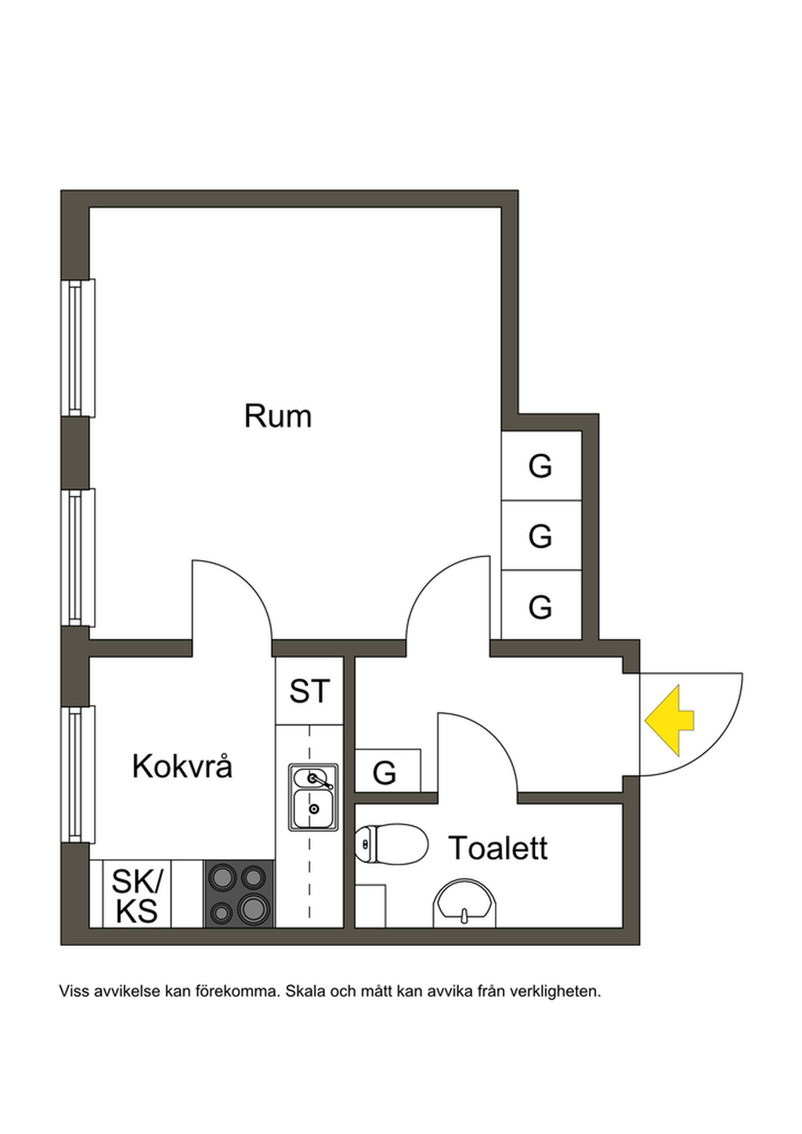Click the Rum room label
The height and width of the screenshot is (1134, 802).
[x=277, y=416]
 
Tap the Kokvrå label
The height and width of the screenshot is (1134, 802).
[x=182, y=767]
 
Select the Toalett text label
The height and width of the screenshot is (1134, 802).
[x=497, y=848]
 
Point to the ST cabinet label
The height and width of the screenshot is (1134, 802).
[x=309, y=692]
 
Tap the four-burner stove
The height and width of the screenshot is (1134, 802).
[x=239, y=894]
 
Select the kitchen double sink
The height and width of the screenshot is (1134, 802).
[x=313, y=797]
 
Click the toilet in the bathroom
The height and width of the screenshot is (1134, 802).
[x=391, y=845]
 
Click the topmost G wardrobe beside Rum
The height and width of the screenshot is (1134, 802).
[x=540, y=466]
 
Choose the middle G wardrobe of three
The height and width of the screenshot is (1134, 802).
[x=540, y=536]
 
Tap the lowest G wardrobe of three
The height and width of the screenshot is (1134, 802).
[x=540, y=607]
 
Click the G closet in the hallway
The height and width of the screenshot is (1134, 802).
[x=385, y=773]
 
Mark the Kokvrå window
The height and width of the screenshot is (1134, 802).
[x=78, y=775]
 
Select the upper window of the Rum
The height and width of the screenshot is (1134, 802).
[x=78, y=348]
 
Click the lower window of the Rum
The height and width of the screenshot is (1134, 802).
[x=78, y=557]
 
